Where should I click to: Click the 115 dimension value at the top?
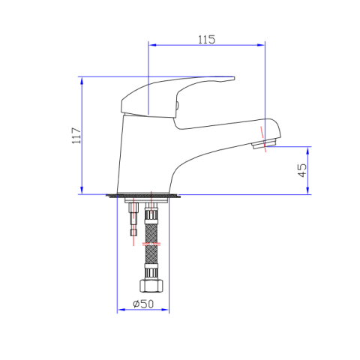tap(206, 40)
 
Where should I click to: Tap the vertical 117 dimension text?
tap(74, 135)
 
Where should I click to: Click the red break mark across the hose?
tap(150, 243)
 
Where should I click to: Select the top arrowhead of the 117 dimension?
tap(81, 79)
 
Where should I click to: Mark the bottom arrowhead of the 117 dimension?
tap(81, 191)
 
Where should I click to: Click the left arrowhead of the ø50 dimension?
tap(121, 310)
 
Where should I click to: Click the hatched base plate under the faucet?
tap(145, 197)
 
